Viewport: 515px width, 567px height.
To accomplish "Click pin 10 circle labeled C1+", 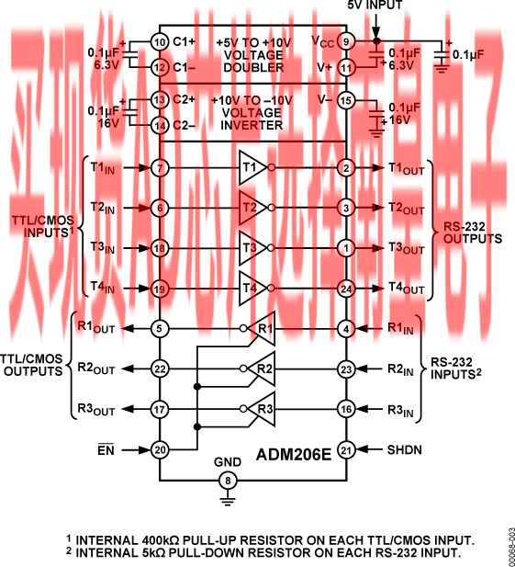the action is [160, 42].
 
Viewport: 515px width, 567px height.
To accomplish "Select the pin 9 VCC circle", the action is [346, 42].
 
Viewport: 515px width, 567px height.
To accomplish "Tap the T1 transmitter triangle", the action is [252, 167].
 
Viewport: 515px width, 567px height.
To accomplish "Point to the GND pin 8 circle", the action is [228, 481].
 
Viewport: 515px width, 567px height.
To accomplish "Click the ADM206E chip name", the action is [293, 455].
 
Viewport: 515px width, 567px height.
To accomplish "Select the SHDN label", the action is [405, 450].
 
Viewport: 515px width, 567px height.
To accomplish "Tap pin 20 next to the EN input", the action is [160, 450].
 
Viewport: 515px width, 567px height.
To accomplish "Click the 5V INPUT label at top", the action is [375, 6].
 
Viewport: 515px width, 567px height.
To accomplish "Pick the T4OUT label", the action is [407, 288].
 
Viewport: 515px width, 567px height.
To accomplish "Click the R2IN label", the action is [400, 369].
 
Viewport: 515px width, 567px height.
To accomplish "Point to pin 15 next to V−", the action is [346, 100].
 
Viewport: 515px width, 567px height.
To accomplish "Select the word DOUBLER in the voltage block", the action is [253, 68].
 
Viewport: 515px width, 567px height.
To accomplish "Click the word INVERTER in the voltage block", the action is [252, 126].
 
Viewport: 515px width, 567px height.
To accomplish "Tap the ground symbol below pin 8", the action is [228, 501].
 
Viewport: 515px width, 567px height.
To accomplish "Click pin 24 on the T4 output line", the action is [346, 289].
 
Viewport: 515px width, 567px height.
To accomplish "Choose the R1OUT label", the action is [96, 327].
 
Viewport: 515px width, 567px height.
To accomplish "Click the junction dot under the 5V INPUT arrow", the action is [376, 41].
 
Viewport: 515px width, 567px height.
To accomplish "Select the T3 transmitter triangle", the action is [252, 248].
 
